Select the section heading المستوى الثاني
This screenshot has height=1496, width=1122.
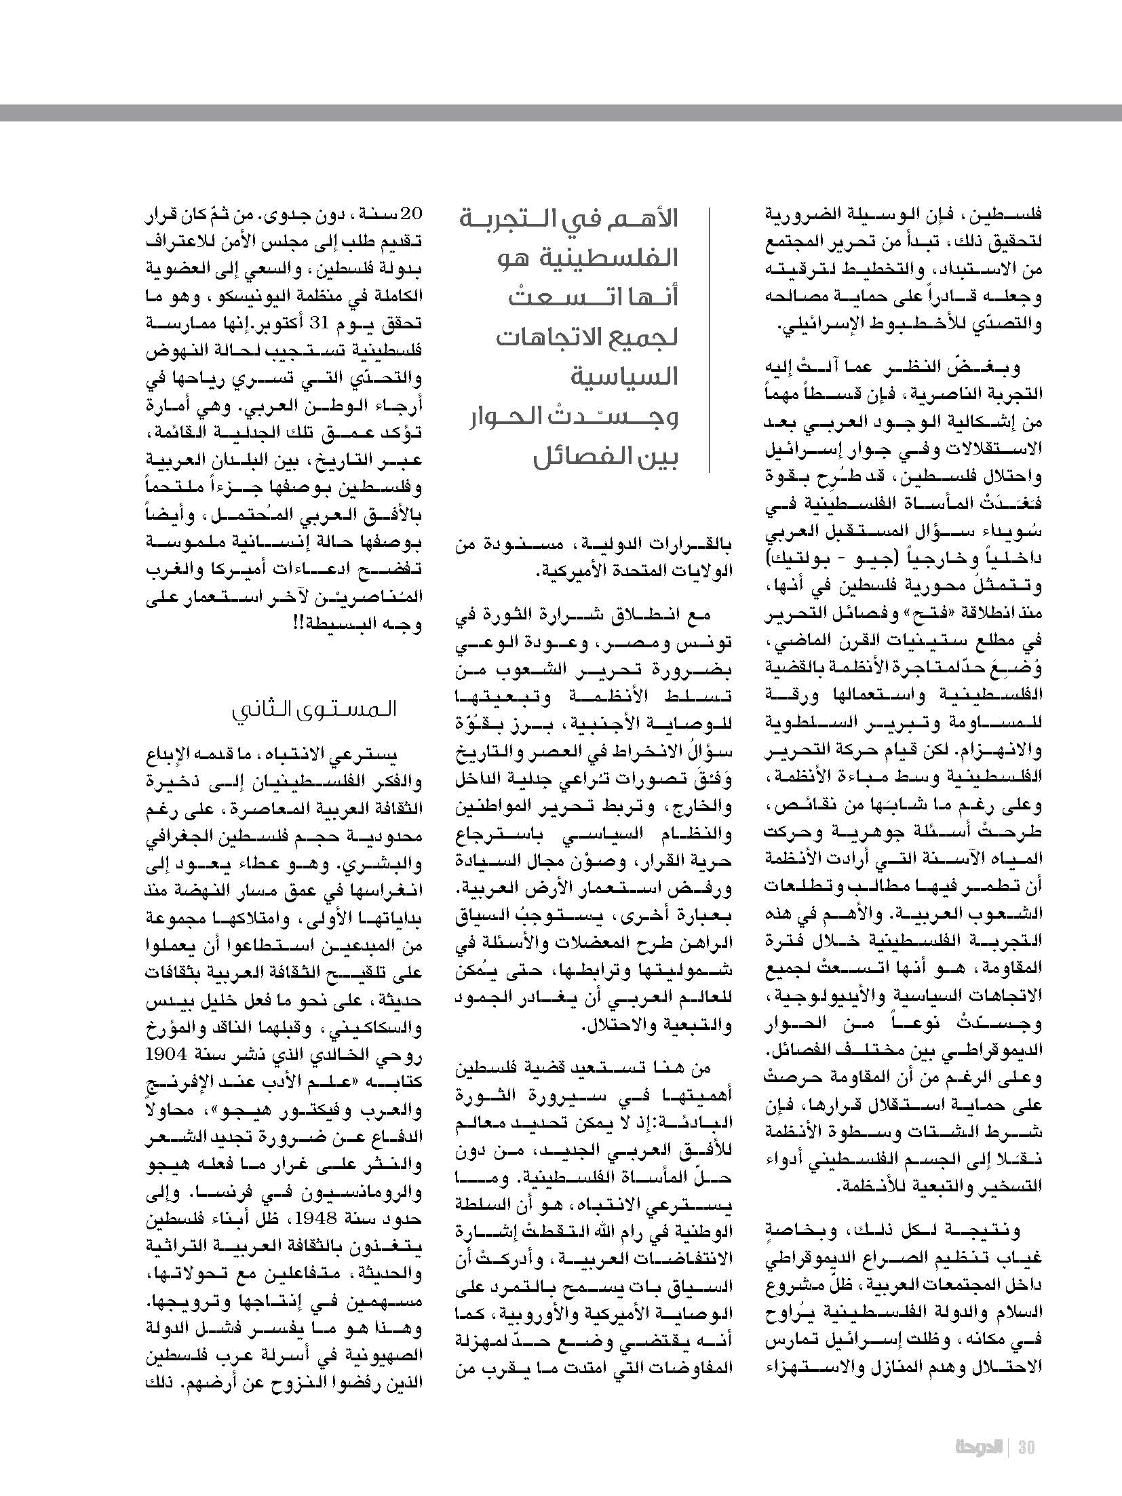313,710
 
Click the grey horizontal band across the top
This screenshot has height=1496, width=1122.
561,113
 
